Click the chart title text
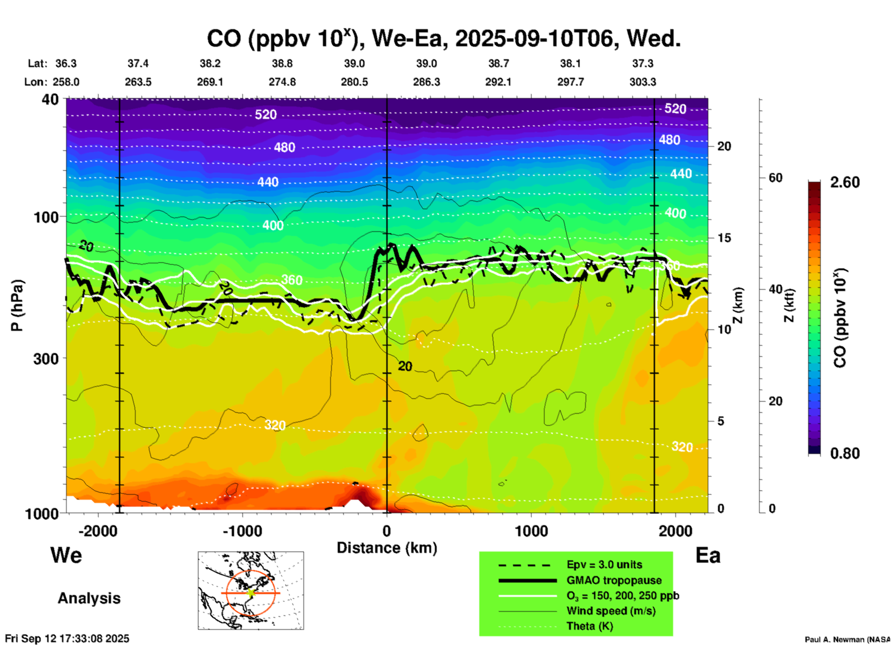point(443,38)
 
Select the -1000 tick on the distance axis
point(242,531)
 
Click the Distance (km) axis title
point(387,548)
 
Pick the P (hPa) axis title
point(17,305)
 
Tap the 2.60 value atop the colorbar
point(845,182)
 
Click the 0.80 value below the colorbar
point(845,453)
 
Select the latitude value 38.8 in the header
point(282,63)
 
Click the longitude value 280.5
point(354,82)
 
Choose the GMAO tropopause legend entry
point(614,580)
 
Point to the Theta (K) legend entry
point(589,626)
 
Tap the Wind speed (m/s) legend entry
point(611,611)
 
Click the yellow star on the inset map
point(251,592)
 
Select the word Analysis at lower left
point(89,598)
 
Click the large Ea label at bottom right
point(708,555)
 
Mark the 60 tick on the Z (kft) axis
point(775,178)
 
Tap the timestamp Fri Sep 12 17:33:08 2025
point(67,639)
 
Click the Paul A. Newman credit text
point(847,639)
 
